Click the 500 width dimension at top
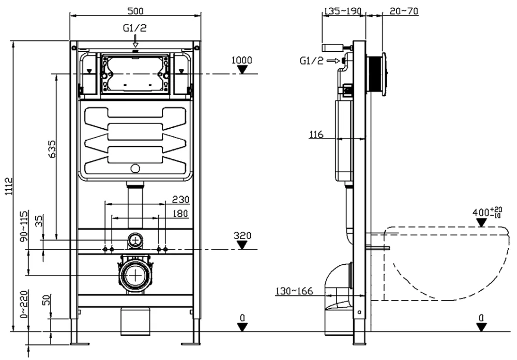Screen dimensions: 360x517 (136, 10)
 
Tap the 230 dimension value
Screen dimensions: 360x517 (181, 199)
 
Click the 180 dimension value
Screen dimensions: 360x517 (181, 213)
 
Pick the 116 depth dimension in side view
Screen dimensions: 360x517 (316, 135)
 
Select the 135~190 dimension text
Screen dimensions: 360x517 (343, 10)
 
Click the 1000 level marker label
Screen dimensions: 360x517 (241, 60)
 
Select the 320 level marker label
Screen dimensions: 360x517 (241, 235)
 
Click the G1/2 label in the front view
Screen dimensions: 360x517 (132, 29)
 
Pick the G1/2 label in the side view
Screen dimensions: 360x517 (311, 61)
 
